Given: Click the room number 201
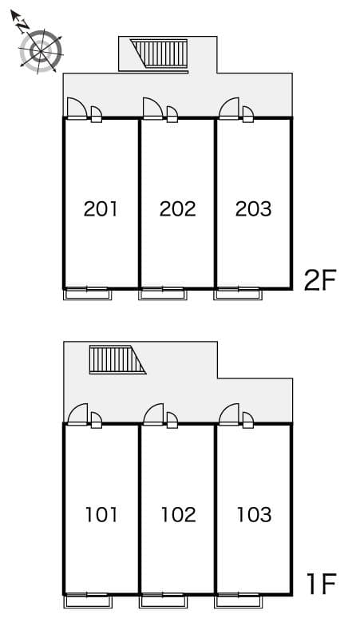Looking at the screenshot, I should pos(101,209).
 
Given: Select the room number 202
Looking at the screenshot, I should pos(177,209).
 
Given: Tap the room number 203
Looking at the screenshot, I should pos(253,209).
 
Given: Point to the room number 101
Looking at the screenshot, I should pos(101,515).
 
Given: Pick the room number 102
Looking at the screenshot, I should pos(177,515).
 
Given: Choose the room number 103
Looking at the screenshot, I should pos(253,515).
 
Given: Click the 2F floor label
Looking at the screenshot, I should pos(321,280).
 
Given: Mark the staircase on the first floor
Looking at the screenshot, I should pos(116,360).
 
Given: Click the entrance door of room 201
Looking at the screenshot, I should pos(77,109).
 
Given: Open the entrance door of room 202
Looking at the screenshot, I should pos(153,109).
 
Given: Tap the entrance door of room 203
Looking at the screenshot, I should pos(229,109).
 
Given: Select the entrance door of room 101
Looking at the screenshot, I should pos(77,414).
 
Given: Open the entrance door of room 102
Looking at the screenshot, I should pos(153,414).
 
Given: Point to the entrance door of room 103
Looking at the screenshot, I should pos(229,414).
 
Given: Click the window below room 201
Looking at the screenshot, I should pos(88,293).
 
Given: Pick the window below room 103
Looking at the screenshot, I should pos(238,599).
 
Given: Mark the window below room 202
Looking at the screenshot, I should pos(163,293).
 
